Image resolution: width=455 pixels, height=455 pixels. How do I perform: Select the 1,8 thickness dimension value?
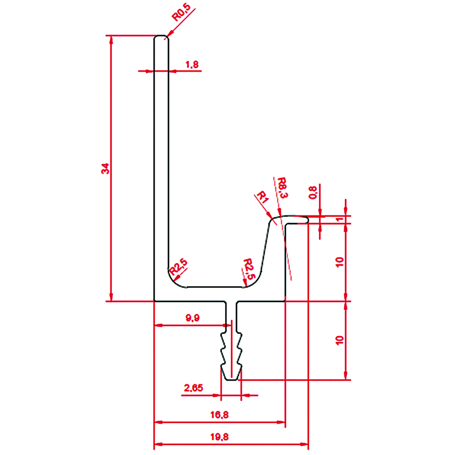[x=192, y=65]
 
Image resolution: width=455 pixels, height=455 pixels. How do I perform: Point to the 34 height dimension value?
[x=105, y=169]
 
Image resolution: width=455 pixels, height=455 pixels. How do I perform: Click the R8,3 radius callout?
[x=282, y=188]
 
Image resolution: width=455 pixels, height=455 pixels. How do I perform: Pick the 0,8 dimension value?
[x=312, y=193]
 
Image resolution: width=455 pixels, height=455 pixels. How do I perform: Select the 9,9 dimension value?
[x=193, y=318]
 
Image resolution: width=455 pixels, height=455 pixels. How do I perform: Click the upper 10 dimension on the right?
[x=340, y=261]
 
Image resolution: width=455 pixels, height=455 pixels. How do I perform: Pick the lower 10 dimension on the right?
[x=340, y=340]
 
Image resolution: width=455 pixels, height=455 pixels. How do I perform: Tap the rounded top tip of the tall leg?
[x=162, y=37]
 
